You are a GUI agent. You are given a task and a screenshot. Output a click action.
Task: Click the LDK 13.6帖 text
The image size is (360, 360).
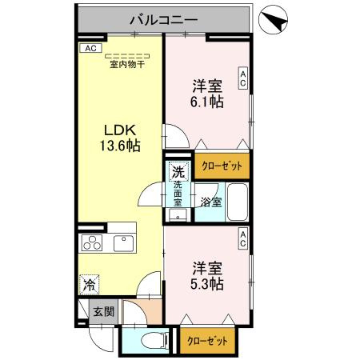click(x=120, y=138)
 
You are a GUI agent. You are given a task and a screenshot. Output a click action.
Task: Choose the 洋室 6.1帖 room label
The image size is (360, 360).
click(x=206, y=93)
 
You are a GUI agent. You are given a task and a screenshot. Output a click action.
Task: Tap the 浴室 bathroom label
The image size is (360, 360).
click(x=210, y=202)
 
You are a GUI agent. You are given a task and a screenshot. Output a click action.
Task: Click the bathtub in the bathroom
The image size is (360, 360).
click(x=238, y=203)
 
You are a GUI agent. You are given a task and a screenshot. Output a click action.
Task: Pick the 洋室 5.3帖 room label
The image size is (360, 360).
click(x=206, y=274)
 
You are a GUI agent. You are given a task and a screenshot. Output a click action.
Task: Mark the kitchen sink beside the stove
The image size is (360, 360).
click(x=125, y=243)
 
